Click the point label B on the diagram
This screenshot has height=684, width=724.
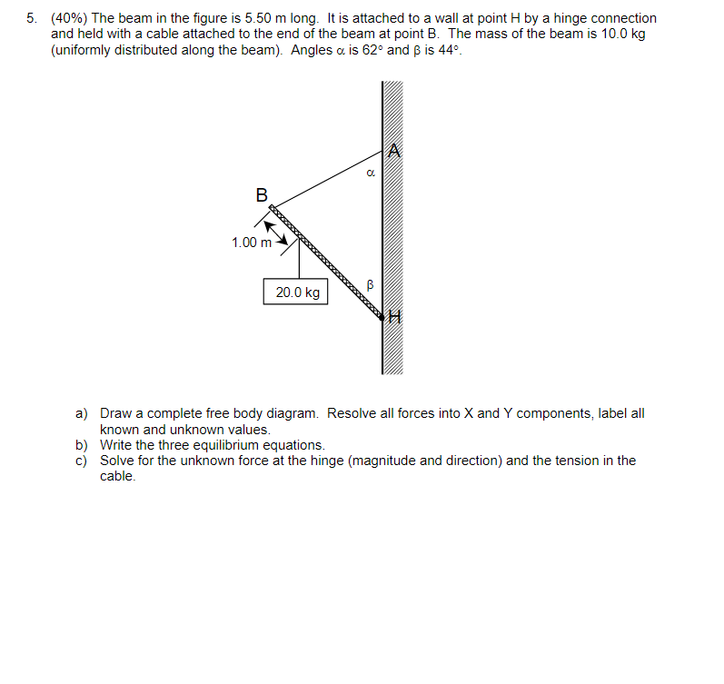click(x=262, y=194)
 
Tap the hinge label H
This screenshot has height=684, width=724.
click(x=393, y=317)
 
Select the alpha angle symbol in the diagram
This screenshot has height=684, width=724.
click(x=370, y=170)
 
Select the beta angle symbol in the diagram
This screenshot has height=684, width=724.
click(x=370, y=285)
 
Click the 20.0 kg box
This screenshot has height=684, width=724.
click(x=298, y=292)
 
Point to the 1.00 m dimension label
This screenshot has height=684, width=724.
click(x=252, y=243)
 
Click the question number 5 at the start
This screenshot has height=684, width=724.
click(x=31, y=18)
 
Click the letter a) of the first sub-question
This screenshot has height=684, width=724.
click(x=81, y=413)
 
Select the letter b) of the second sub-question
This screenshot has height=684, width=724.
click(x=81, y=445)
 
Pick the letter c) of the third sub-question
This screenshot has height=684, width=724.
click(x=81, y=461)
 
